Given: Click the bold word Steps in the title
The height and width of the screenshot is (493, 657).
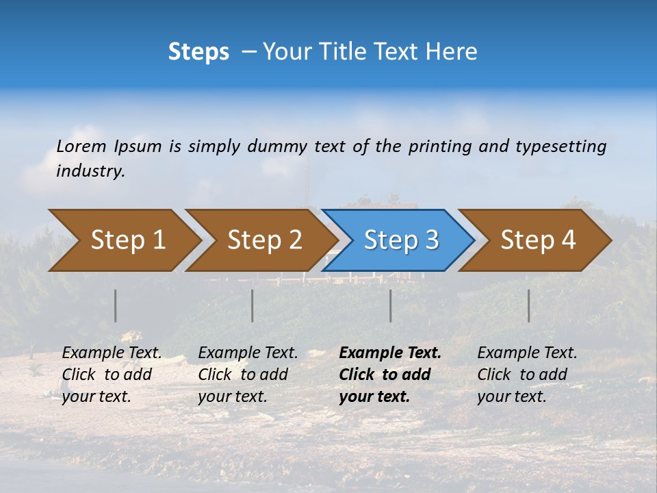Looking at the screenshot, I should (x=198, y=52).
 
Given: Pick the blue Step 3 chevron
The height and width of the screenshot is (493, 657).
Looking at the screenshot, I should (x=399, y=240).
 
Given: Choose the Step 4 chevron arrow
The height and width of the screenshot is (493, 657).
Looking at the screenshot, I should (x=536, y=240).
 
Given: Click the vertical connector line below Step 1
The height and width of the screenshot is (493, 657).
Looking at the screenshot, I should (x=116, y=305).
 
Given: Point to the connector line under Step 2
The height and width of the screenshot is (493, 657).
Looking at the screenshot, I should (x=253, y=305).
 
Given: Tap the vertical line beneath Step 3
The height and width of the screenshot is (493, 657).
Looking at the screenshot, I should (x=391, y=305).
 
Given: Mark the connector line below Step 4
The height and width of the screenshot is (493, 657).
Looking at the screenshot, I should (x=529, y=305).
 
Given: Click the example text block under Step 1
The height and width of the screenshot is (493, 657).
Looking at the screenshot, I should (x=112, y=375).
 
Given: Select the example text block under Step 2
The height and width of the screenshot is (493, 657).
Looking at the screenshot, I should (x=248, y=375).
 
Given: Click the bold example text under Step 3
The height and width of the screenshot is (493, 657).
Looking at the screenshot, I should (x=390, y=375).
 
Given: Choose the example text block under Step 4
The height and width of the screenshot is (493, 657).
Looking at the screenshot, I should (x=527, y=375).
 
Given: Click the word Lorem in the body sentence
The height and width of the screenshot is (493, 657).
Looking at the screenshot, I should (x=81, y=146).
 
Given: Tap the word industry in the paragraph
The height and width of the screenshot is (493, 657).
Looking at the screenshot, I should (x=90, y=171).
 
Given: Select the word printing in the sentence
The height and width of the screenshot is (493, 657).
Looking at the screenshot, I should (x=440, y=146).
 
